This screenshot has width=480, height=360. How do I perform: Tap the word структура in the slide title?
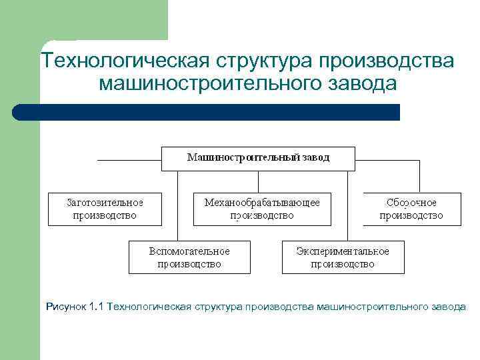[x=264, y=61]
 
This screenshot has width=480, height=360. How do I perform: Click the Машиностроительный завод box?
[x=258, y=159]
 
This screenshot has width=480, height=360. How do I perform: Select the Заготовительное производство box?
[x=105, y=209]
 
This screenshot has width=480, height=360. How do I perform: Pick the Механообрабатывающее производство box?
[x=261, y=209]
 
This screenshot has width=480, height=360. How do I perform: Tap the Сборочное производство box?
[x=411, y=209]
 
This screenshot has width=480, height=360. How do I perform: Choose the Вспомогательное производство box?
[x=189, y=257]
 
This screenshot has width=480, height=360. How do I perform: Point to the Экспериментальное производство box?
[x=343, y=257]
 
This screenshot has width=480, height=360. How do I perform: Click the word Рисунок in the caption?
[x=65, y=307]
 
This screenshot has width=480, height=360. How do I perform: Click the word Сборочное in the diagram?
[x=411, y=202]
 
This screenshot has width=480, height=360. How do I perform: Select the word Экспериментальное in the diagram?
[x=343, y=251]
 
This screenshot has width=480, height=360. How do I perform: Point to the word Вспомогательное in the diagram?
[x=189, y=251]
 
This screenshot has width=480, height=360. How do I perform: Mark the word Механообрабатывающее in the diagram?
[x=262, y=202]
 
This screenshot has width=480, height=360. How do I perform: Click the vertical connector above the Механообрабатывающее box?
[x=258, y=182]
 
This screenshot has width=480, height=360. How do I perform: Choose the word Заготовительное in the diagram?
[x=105, y=202]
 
